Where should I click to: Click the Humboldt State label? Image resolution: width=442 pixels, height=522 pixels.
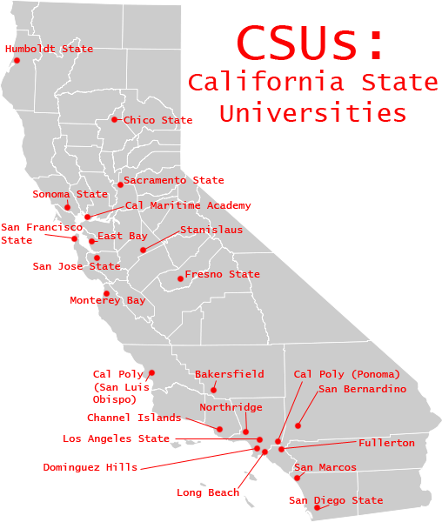pyautogui.click(x=49, y=50)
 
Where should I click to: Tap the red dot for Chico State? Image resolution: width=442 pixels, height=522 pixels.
pyautogui.click(x=115, y=119)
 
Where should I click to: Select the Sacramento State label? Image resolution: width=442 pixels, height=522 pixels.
pyautogui.click(x=174, y=181)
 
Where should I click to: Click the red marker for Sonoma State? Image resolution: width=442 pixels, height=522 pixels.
pyautogui.click(x=67, y=207)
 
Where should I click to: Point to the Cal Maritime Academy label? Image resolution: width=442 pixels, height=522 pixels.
pyautogui.click(x=188, y=206)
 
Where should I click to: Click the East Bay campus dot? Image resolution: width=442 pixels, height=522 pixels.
pyautogui.click(x=92, y=241)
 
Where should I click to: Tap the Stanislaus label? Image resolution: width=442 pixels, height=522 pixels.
pyautogui.click(x=211, y=231)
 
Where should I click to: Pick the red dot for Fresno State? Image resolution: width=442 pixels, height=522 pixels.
pyautogui.click(x=180, y=278)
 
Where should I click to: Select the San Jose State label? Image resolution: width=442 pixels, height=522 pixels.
pyautogui.click(x=77, y=266)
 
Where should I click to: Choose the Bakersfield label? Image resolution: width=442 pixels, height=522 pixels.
pyautogui.click(x=229, y=374)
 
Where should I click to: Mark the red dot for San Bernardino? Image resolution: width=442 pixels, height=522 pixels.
pyautogui.click(x=298, y=425)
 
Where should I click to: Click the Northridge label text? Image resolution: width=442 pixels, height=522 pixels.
pyautogui.click(x=231, y=407)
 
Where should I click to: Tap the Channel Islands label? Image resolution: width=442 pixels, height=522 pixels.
pyautogui.click(x=134, y=418)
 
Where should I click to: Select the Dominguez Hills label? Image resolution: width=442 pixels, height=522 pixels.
pyautogui.click(x=90, y=467)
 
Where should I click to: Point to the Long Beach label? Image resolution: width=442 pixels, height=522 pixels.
pyautogui.click(x=208, y=493)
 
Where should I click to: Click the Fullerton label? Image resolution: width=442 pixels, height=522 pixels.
pyautogui.click(x=386, y=443)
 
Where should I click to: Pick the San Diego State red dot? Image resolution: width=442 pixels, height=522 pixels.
pyautogui.click(x=318, y=507)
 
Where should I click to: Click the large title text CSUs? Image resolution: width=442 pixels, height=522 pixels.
pyautogui.click(x=311, y=42)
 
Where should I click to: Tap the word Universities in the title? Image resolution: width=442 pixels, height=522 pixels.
pyautogui.click(x=313, y=113)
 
